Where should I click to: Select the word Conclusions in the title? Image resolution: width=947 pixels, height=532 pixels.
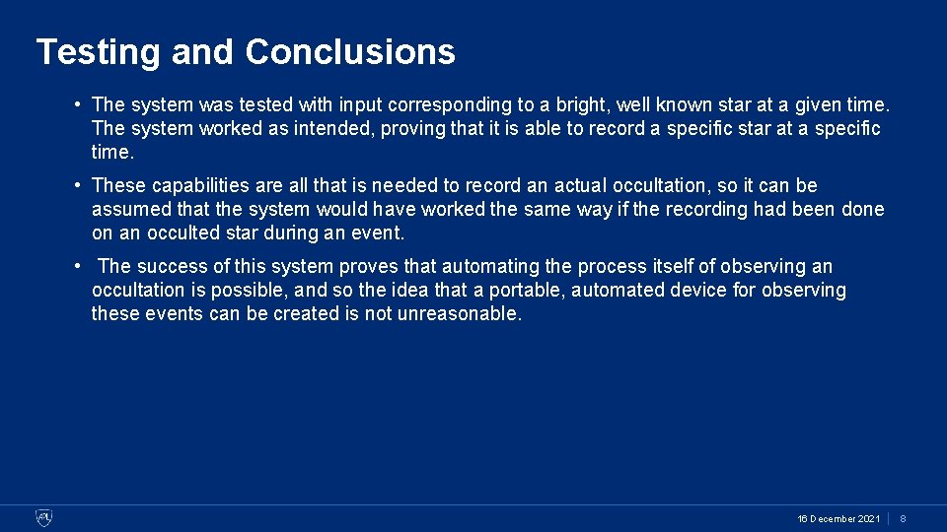tap(350, 51)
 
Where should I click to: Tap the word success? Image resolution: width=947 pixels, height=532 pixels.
tap(172, 266)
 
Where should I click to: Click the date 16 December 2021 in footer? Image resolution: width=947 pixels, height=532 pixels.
tap(838, 518)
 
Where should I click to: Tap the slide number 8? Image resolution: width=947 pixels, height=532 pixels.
tap(903, 518)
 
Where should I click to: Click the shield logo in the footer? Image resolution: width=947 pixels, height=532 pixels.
tap(44, 518)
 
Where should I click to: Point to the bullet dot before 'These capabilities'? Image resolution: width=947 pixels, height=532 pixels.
tap(76, 185)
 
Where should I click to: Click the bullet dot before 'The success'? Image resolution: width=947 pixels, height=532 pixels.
tap(76, 266)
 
